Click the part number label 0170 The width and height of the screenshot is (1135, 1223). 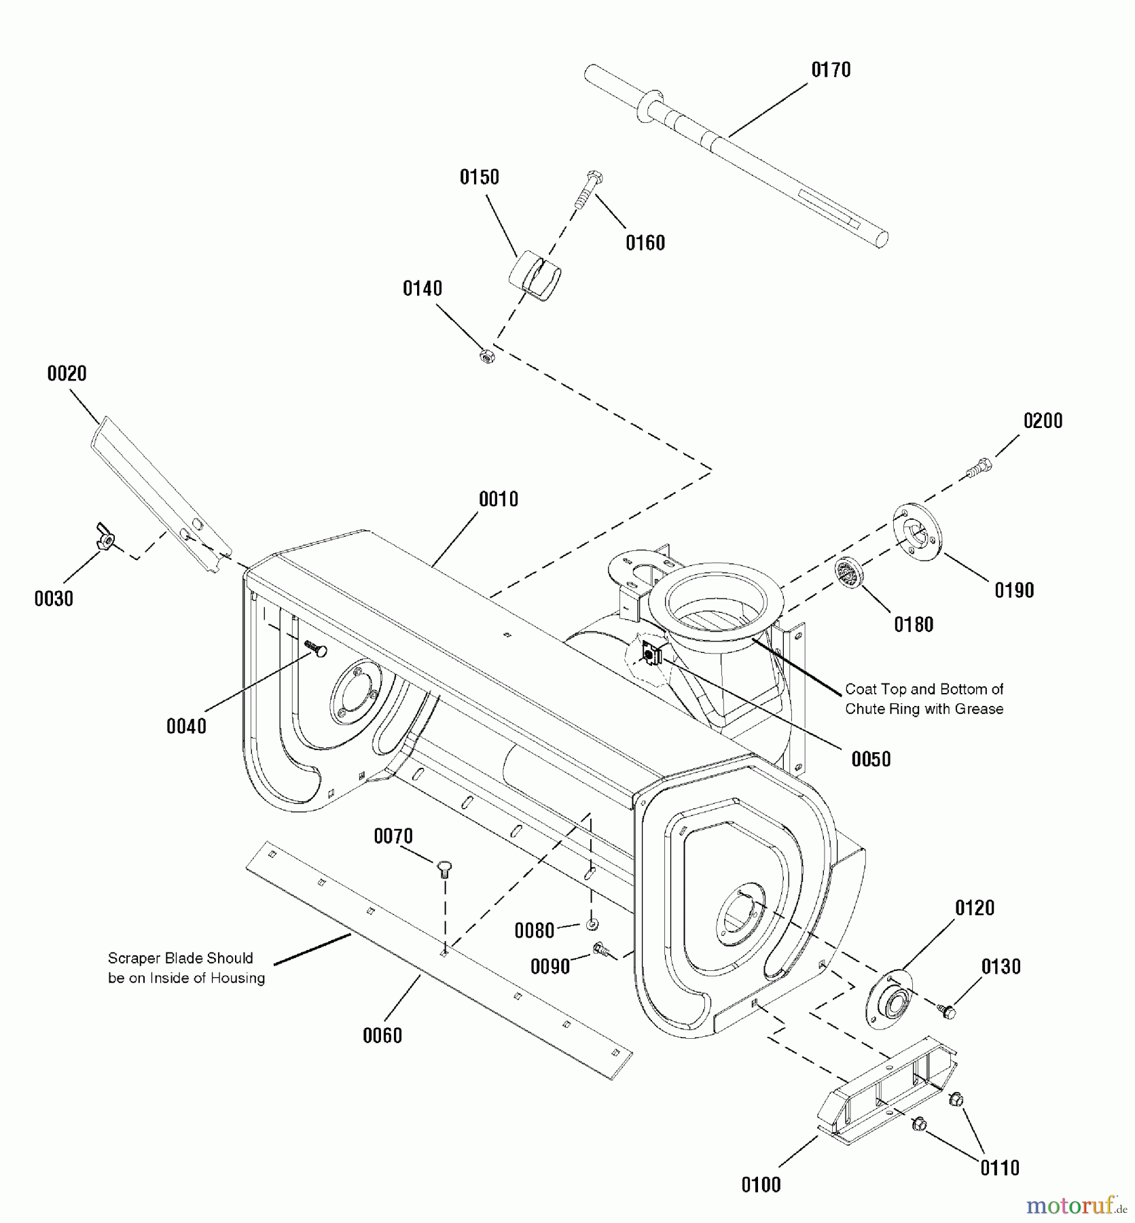pyautogui.click(x=831, y=70)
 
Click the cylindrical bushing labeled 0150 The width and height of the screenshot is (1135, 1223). pyautogui.click(x=536, y=276)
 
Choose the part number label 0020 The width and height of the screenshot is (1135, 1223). pyautogui.click(x=67, y=373)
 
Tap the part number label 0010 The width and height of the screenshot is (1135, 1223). pyautogui.click(x=499, y=499)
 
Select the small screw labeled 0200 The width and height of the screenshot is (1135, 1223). pyautogui.click(x=979, y=467)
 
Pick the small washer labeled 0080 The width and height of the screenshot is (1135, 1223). pyautogui.click(x=592, y=925)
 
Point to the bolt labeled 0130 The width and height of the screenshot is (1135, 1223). pyautogui.click(x=947, y=1012)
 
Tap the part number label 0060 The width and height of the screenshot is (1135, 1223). pyautogui.click(x=382, y=1035)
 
